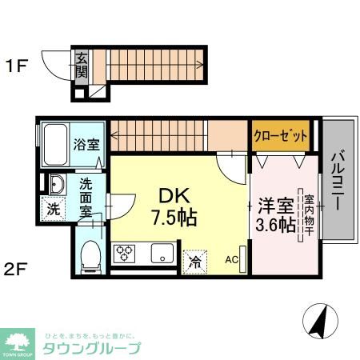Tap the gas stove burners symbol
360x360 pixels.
(126, 255)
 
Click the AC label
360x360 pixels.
(231, 259)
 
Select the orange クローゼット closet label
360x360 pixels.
(281, 136)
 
